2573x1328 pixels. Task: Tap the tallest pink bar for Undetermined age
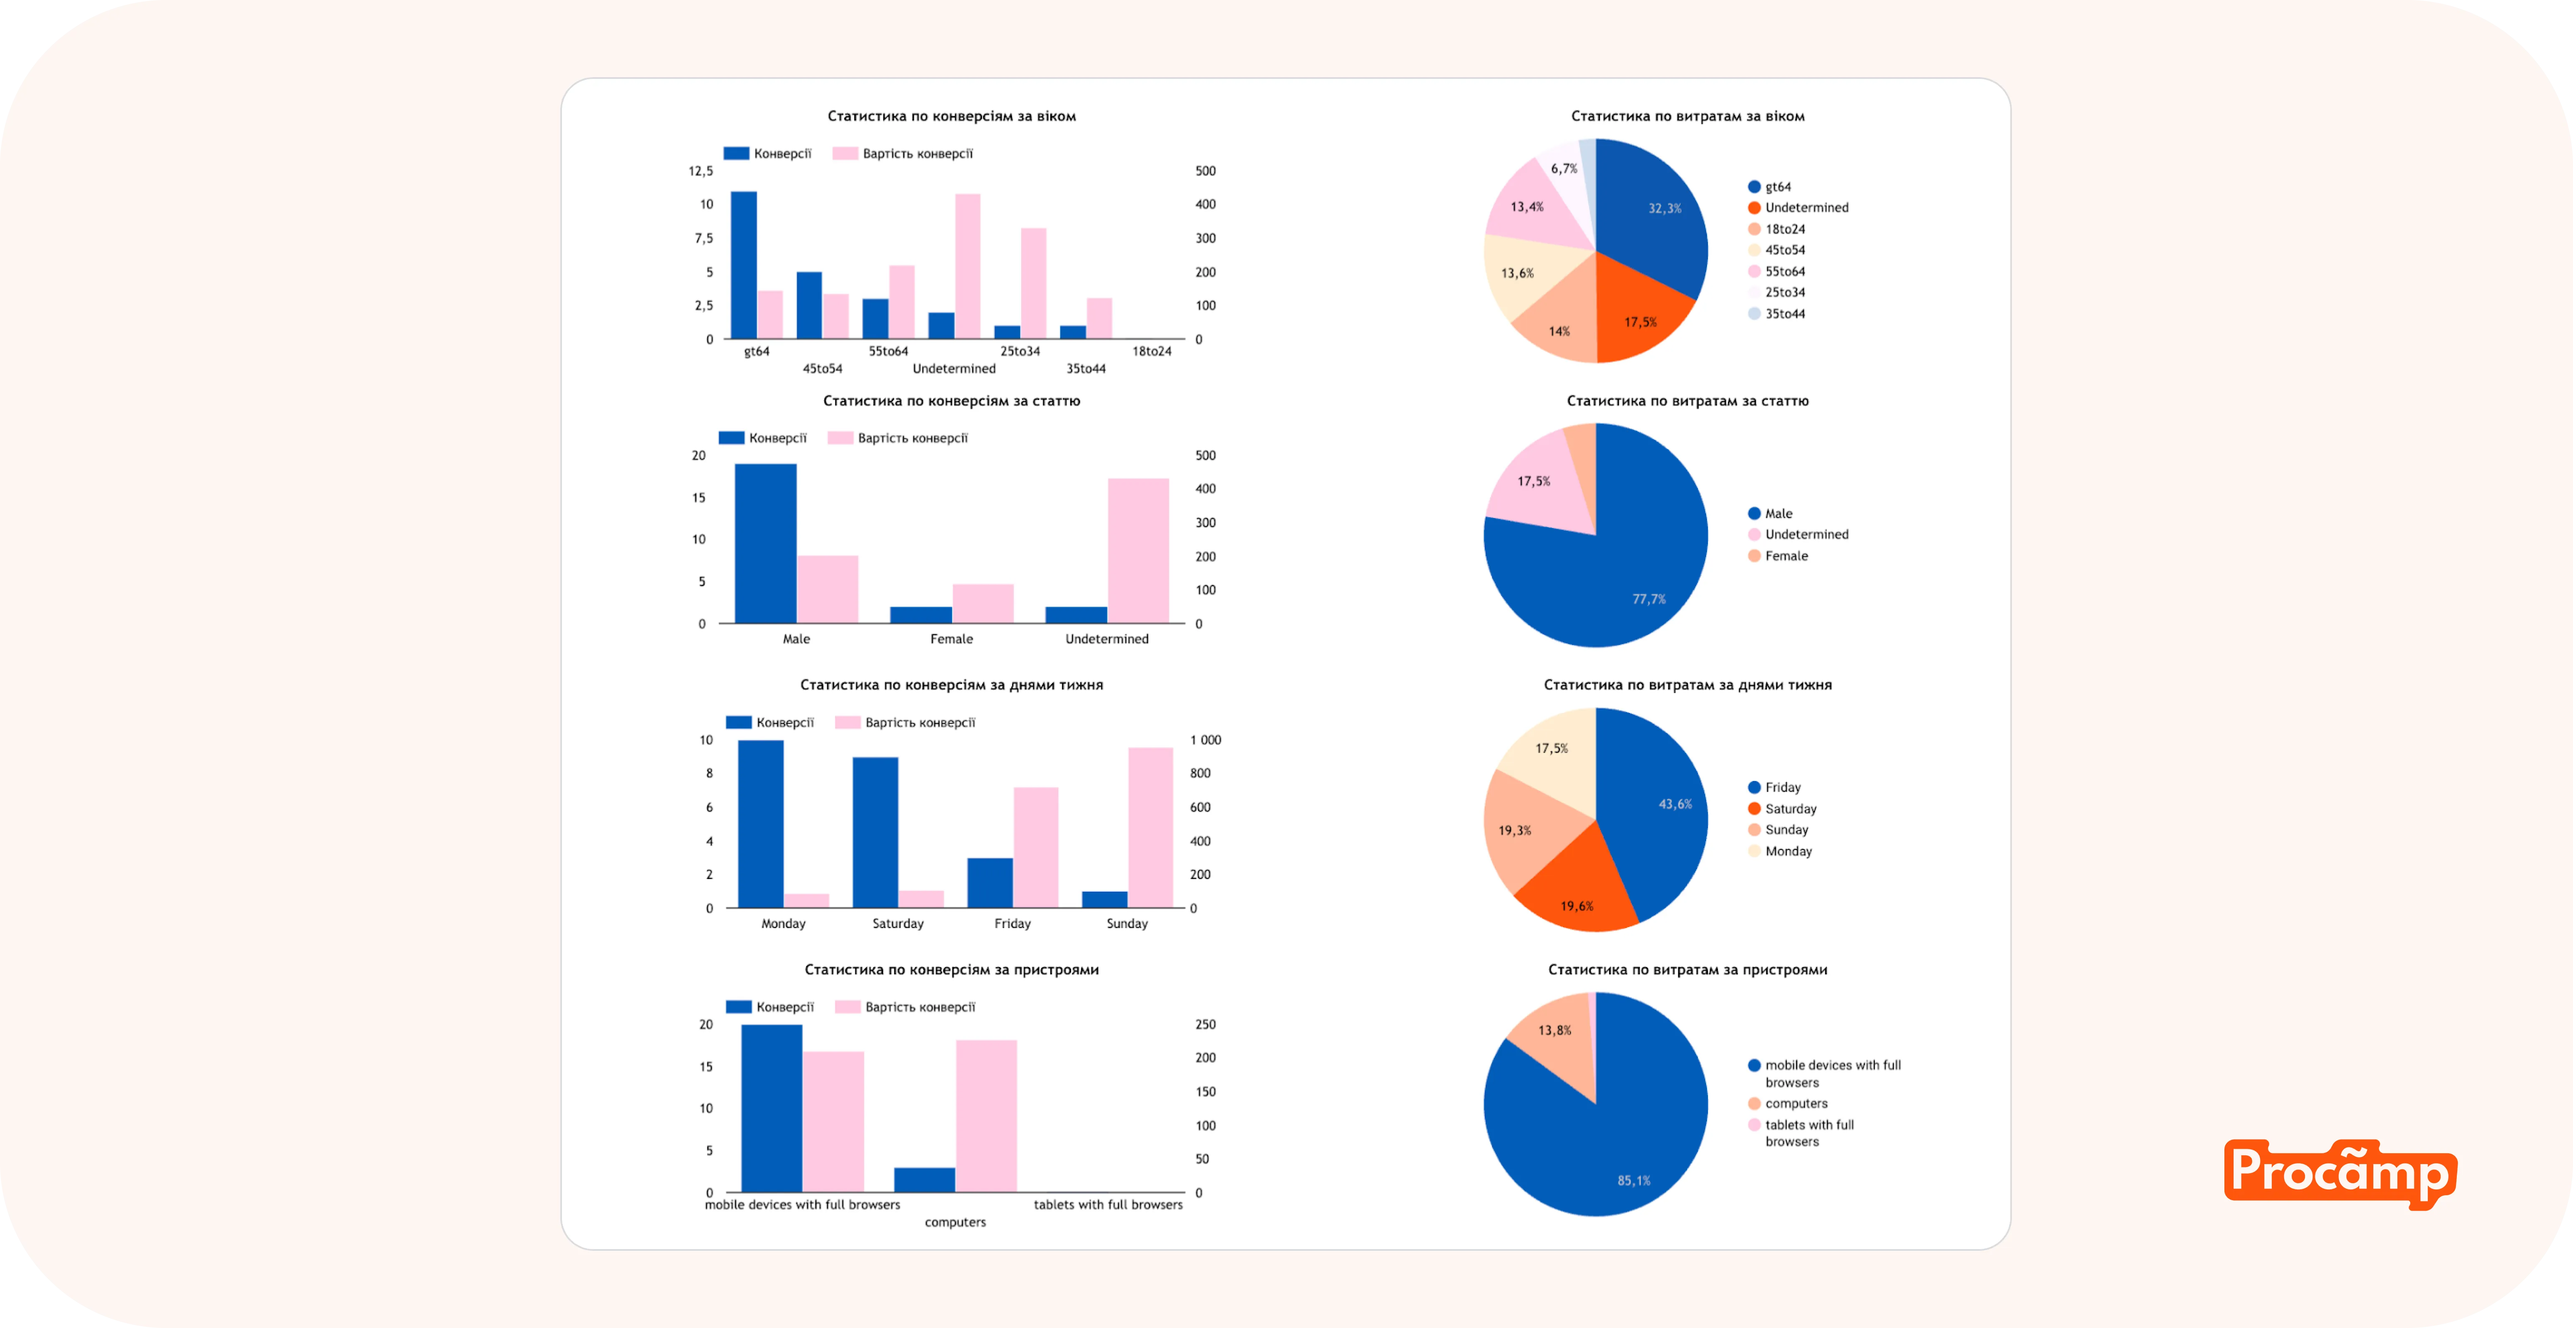967,266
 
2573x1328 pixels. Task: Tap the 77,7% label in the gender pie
1648,599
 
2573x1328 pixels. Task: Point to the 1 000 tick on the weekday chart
1205,740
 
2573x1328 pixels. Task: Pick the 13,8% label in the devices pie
1554,1030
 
